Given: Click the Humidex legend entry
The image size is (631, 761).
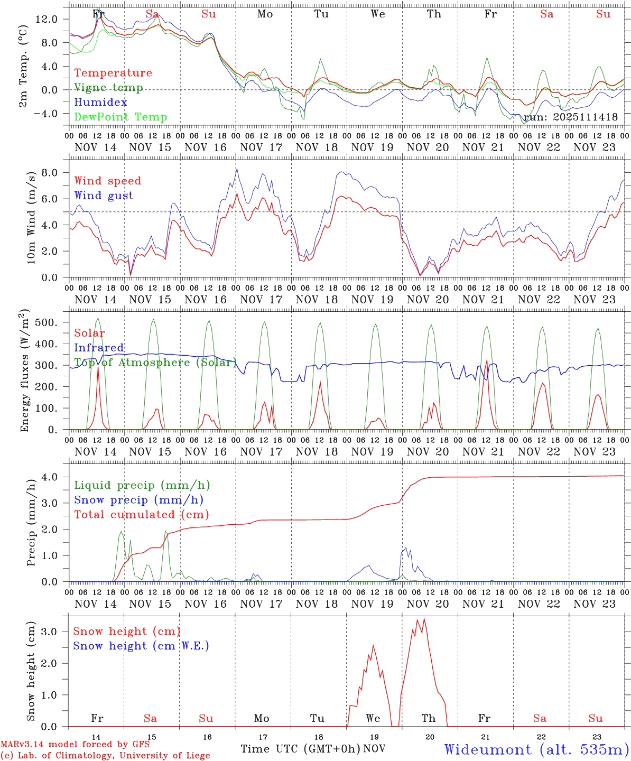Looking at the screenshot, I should click(x=100, y=103).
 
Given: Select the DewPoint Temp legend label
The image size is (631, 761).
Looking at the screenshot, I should click(x=120, y=117).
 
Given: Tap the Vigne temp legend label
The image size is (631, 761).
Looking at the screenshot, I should click(x=108, y=88).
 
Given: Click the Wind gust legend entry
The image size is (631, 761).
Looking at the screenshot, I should click(x=104, y=196).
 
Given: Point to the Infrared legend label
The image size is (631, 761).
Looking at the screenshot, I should click(x=99, y=348).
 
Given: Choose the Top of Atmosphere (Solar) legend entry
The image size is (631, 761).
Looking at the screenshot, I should click(x=155, y=363).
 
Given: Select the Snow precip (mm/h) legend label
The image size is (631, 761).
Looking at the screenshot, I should click(x=138, y=500).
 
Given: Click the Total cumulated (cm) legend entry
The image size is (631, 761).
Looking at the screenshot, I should click(x=141, y=515).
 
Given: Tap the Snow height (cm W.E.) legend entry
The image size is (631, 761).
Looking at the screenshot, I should click(x=141, y=646).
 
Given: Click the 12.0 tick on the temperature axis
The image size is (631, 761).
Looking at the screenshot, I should click(x=55, y=20).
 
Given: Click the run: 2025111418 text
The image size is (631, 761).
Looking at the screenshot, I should click(x=570, y=117).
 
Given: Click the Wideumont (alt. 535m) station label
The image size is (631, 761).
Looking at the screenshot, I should click(x=536, y=749).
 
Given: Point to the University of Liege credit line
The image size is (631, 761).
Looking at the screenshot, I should click(x=105, y=756).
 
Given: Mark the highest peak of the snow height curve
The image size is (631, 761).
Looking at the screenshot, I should click(x=424, y=618).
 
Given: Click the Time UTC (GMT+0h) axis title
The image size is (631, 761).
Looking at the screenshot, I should click(x=300, y=749).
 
